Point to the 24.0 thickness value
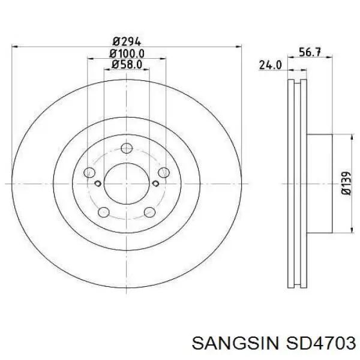[270, 65]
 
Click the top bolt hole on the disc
[126, 149]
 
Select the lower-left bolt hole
[103, 211]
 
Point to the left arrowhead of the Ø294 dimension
[14, 46]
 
